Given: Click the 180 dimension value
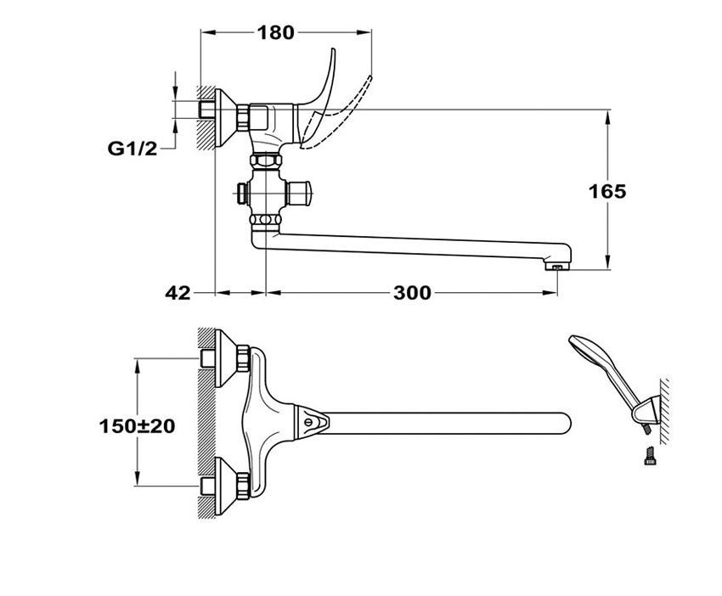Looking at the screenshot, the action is click(x=275, y=32).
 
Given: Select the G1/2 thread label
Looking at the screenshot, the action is click(x=133, y=149).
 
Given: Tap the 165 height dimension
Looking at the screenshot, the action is click(x=608, y=191).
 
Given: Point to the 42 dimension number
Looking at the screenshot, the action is click(x=178, y=292).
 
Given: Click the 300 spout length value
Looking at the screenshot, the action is click(x=412, y=292).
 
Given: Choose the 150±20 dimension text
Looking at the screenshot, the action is click(x=138, y=426).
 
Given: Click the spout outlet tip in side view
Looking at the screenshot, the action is click(x=557, y=267).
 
